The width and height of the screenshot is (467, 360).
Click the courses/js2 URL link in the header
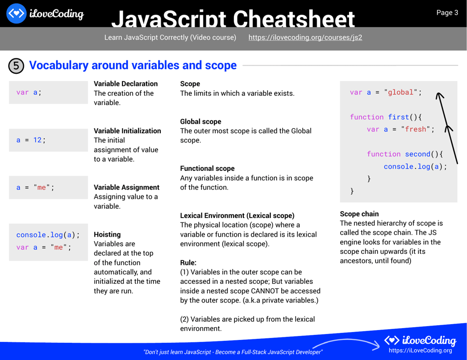305,37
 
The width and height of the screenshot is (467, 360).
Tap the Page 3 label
447,13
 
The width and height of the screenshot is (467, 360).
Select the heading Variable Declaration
125,84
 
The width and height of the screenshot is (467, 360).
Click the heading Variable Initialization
127,131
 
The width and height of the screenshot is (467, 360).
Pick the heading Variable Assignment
126,188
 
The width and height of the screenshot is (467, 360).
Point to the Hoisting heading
107,235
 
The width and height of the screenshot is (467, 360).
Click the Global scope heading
201,122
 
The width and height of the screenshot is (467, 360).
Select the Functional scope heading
207,168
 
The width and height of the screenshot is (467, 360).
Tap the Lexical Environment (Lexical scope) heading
237,216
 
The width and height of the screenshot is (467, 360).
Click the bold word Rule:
188,263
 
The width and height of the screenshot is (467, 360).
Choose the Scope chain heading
359,214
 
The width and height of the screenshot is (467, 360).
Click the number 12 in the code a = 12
38,140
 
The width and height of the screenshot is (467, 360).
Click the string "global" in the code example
403,92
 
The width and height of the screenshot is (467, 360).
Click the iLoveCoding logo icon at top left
17,13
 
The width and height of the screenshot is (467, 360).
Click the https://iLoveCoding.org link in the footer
420,350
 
